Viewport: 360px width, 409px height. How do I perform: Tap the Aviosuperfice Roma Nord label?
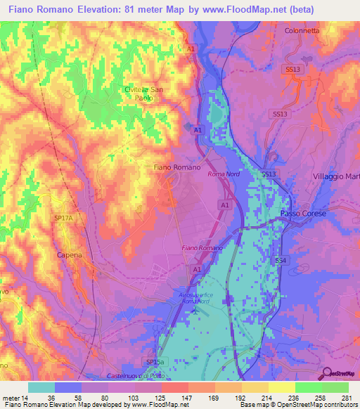(200, 299)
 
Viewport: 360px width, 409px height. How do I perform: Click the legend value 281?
(347, 398)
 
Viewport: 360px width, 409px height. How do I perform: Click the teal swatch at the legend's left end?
(41, 387)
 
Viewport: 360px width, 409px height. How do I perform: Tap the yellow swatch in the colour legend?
(281, 387)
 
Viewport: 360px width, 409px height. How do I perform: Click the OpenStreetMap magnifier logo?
(326, 373)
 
